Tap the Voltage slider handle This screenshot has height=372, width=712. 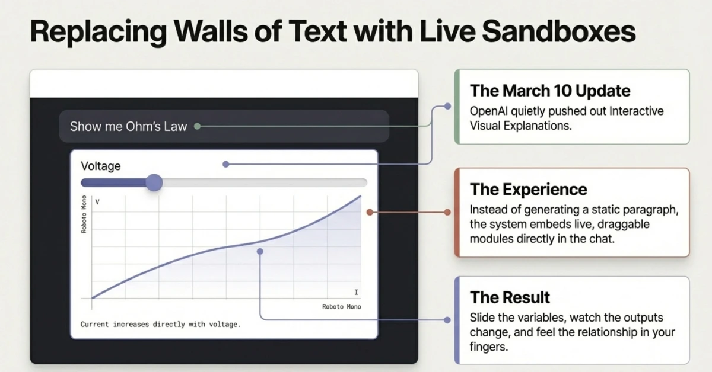154,182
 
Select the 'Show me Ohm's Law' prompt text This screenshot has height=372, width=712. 128,126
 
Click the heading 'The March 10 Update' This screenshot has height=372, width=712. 550,91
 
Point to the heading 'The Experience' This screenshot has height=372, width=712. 528,190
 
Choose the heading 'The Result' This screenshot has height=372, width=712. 510,297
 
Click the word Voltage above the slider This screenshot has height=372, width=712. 101,166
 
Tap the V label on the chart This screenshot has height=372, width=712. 97,203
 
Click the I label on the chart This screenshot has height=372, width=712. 356,293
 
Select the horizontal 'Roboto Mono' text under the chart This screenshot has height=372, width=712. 341,307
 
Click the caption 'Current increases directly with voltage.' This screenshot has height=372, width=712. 160,325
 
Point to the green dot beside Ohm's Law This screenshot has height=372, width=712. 197,126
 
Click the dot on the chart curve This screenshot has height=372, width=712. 260,251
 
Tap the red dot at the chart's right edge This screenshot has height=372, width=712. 369,211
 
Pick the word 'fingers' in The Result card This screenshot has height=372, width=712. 488,347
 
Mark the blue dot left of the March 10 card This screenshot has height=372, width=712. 447,107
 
